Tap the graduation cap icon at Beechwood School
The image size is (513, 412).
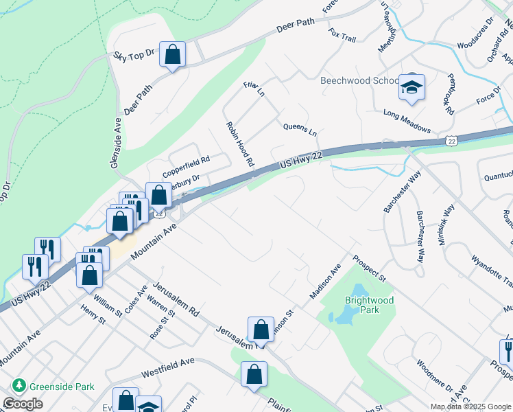coord(411,87)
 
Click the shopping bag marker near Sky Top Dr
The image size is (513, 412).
coord(173,54)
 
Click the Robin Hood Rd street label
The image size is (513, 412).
coord(240,145)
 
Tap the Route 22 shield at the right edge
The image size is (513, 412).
coord(451,141)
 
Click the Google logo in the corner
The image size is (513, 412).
coord(23,404)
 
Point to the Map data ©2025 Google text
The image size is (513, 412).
coord(470,407)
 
